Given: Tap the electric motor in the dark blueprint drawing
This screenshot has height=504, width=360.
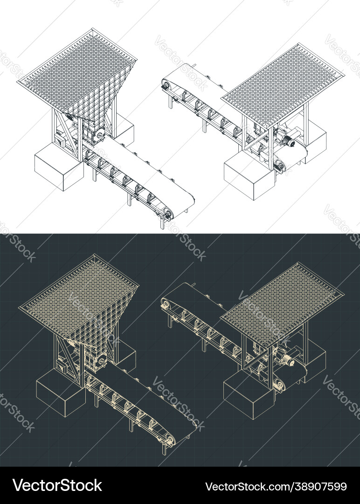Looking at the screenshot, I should click(285, 360).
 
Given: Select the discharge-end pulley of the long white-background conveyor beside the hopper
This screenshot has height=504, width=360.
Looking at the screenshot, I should click(166, 214).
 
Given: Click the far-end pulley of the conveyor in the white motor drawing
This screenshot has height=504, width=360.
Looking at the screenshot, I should click(164, 85).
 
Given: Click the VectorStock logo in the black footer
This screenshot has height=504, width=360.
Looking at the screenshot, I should click(57, 485).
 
